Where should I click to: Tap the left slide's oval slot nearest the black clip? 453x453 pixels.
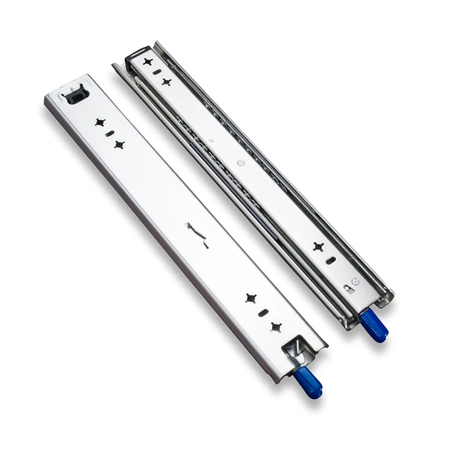(x=111, y=134)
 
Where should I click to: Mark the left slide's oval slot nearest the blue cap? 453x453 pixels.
(x=263, y=313)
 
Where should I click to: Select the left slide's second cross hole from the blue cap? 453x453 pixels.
(x=250, y=298)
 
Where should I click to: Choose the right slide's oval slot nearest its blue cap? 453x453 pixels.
(x=330, y=260)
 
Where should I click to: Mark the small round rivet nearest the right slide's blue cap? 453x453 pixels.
(x=355, y=281)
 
